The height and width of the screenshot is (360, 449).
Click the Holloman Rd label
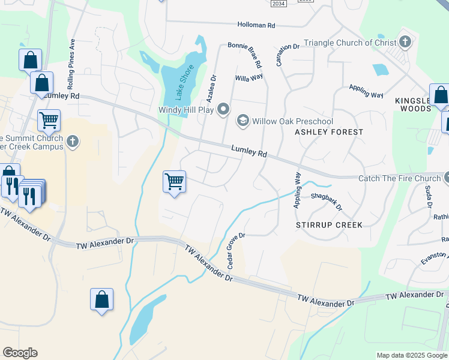pyautogui.click(x=255, y=25)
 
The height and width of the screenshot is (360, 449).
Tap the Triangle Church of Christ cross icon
pyautogui.click(x=405, y=42)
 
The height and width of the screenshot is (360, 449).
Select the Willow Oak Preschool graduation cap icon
pyautogui.click(x=243, y=121)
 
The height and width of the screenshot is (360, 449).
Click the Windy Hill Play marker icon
pyautogui.click(x=224, y=109)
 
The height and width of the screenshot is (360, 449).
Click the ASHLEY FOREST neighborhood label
pyautogui.click(x=329, y=132)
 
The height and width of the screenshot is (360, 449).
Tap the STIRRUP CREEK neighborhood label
pyautogui.click(x=329, y=225)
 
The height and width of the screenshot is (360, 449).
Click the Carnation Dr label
pyautogui.click(x=288, y=54)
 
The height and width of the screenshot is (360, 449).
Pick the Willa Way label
pyautogui.click(x=249, y=78)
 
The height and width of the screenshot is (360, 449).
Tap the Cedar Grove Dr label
pyautogui.click(x=235, y=250)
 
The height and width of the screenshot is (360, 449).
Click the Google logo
pyautogui.click(x=20, y=353)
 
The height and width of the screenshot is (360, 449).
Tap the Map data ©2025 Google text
pyautogui.click(x=412, y=355)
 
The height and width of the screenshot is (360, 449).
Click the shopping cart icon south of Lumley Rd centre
pyautogui.click(x=174, y=181)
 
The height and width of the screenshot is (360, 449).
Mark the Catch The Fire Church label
pyautogui.click(x=399, y=178)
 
